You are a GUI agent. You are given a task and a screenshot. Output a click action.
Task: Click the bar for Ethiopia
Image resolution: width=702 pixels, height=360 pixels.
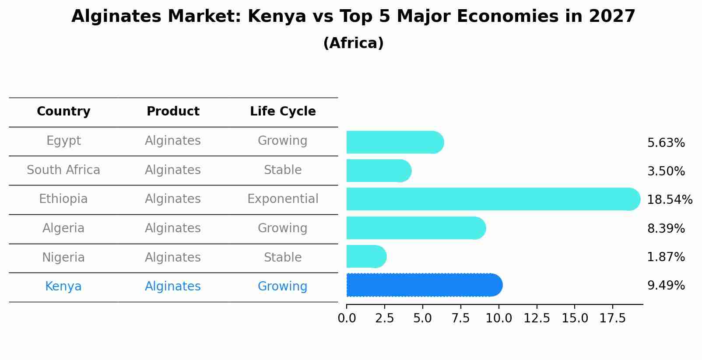coord(493,199)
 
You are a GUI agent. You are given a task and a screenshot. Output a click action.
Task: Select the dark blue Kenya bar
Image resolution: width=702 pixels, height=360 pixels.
coord(424,285)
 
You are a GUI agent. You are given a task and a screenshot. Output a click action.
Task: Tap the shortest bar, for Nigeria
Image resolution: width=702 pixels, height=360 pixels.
coord(366,256)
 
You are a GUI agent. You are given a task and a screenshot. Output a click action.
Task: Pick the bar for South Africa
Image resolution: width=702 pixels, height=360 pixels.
coord(378,171)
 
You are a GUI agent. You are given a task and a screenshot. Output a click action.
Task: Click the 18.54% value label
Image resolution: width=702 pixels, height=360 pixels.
coord(669,200)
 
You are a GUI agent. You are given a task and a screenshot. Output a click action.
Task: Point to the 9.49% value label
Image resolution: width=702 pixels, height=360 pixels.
coord(666,286)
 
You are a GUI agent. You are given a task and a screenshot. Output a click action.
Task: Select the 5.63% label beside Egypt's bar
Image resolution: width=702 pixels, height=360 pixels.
coord(666,143)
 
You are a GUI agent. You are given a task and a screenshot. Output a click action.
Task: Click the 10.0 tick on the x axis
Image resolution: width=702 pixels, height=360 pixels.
coord(498,318)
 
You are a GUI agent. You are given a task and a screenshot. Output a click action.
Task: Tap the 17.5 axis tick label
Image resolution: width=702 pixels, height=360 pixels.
coord(612,318)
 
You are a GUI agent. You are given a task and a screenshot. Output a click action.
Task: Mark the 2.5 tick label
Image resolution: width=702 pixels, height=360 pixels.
coord(385,318)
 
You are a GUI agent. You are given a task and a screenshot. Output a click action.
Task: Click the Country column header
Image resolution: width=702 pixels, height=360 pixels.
coord(63,112)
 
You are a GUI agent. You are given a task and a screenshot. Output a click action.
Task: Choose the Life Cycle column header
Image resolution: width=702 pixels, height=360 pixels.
coord(283,112)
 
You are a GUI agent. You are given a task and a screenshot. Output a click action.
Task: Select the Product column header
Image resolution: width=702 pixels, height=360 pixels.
coord(173,112)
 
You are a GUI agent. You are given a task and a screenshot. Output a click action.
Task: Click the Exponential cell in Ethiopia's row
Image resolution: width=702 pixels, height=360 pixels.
coord(283,199)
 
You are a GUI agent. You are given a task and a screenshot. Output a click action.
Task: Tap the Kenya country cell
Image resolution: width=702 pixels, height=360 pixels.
coord(63,287)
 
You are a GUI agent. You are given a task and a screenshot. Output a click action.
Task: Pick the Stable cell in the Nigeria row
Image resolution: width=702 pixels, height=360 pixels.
coord(283,257)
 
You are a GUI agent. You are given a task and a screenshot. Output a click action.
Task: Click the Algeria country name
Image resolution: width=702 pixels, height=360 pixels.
coord(63,228)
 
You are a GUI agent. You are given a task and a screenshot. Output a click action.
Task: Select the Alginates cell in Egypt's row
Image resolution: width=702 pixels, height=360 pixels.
coord(173,141)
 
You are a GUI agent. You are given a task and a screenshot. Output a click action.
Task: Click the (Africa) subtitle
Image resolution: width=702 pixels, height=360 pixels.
coord(353,43)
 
